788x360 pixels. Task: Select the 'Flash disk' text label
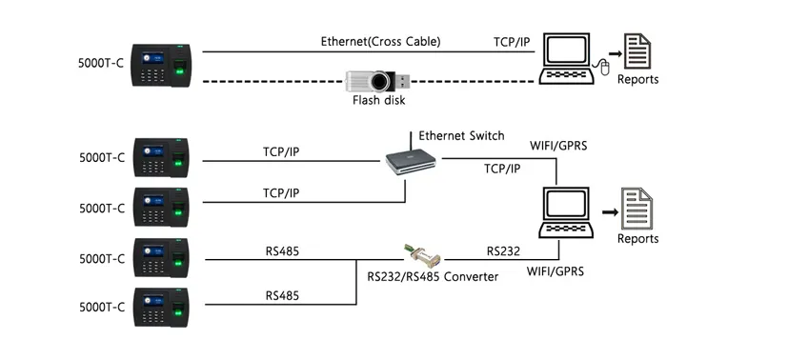click(378, 100)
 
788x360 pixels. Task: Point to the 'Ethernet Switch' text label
click(461, 136)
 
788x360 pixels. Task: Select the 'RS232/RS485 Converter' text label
click(434, 276)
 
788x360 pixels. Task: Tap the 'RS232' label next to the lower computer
click(502, 251)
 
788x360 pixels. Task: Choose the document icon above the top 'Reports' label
click(637, 50)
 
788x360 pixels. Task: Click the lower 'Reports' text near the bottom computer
click(637, 239)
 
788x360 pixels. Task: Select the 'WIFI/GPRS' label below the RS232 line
click(555, 271)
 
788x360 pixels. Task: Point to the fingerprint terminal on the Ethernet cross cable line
click(163, 64)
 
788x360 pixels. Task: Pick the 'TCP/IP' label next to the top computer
click(513, 43)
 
